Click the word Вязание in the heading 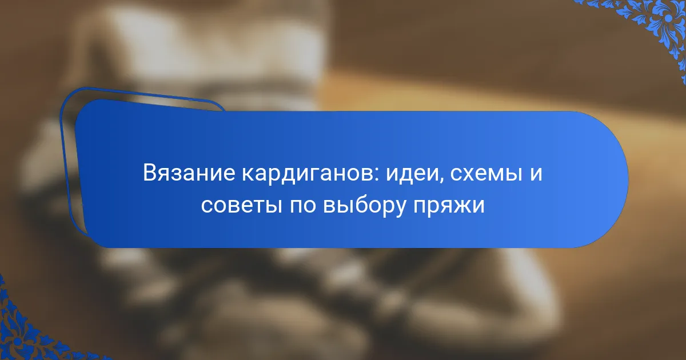(189, 173)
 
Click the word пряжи (449, 207)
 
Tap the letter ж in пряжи (461, 206)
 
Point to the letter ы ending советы (273, 206)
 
